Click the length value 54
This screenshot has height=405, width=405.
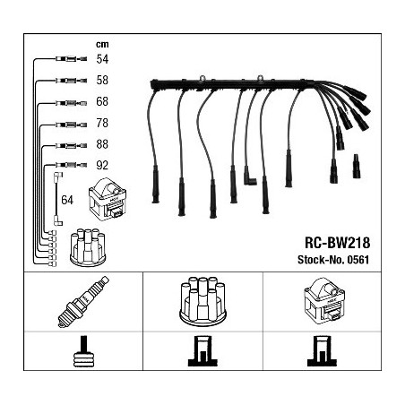click(102, 59)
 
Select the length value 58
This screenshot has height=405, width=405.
click(102, 80)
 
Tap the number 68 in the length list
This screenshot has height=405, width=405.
click(102, 101)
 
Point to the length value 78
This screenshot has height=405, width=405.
click(102, 123)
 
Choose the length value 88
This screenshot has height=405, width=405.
click(102, 144)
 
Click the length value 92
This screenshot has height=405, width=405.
click(102, 165)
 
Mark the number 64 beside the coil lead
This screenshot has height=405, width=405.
click(67, 200)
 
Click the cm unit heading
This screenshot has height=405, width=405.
click(102, 44)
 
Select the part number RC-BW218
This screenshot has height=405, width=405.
click(337, 243)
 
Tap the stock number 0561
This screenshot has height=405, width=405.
click(358, 260)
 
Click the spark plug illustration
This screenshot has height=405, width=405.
click(83, 302)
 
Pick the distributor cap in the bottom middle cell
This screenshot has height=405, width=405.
click(202, 300)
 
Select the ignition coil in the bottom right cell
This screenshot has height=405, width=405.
click(324, 302)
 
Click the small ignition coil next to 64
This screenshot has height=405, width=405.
click(108, 200)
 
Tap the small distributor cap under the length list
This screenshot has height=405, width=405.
click(88, 247)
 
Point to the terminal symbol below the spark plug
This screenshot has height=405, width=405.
click(83, 351)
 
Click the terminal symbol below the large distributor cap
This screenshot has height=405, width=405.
click(202, 351)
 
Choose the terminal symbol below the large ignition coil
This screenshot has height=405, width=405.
click(322, 351)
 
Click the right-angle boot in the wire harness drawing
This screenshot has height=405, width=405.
click(249, 177)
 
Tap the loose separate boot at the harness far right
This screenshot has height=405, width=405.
click(357, 166)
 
